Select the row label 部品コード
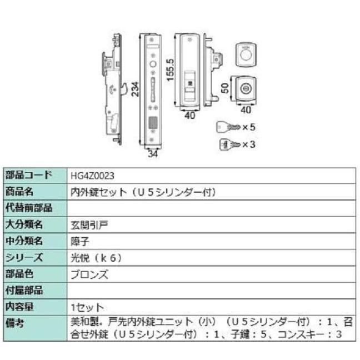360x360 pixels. tap(28, 176)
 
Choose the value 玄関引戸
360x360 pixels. tap(88, 225)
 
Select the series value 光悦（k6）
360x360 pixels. tap(96, 258)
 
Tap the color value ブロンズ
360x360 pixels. tap(88, 274)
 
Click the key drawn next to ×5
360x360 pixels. tap(227, 128)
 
